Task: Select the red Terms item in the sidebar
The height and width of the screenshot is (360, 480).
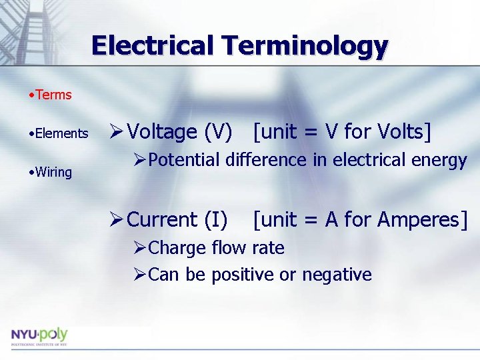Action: [x=53, y=95]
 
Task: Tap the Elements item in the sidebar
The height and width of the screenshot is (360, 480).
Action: [x=61, y=133]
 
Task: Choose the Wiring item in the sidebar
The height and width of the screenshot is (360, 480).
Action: [x=53, y=172]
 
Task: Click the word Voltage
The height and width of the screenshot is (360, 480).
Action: [x=162, y=133]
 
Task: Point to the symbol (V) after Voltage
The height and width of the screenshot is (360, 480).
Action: [x=219, y=133]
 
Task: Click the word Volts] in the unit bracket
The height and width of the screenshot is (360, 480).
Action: [x=405, y=132]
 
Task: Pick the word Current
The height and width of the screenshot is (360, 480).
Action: [x=162, y=219]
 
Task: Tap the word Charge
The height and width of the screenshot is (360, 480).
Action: [x=177, y=248]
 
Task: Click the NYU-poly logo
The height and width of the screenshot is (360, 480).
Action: [x=39, y=335]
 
